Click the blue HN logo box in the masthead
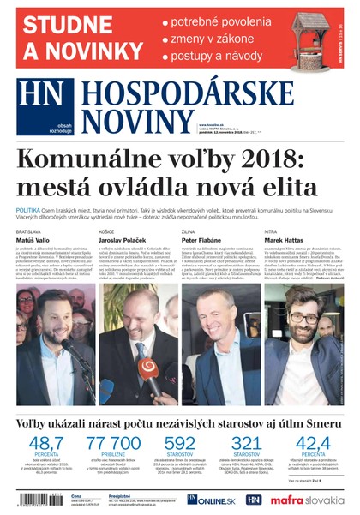tap(40, 103)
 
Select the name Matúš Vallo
tap(34, 242)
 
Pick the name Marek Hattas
tap(285, 242)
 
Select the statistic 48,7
tap(41, 443)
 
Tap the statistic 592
tap(179, 443)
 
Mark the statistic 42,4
tap(315, 443)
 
